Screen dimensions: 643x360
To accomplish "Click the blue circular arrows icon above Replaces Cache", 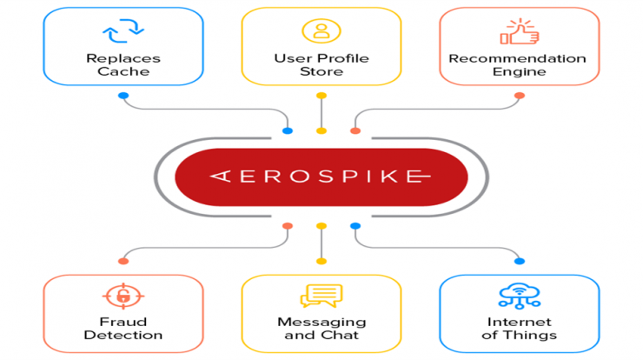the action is click(x=123, y=30).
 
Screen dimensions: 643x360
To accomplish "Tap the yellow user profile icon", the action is click(x=321, y=30).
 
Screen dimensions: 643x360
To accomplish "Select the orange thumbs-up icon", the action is click(x=519, y=31).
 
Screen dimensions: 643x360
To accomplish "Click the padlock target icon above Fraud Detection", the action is click(x=123, y=296).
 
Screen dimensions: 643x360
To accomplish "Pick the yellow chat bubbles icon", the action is click(x=321, y=296).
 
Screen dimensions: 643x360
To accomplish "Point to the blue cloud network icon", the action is click(x=520, y=296).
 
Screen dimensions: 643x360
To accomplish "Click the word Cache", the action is click(x=123, y=71).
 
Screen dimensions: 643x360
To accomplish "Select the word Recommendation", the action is click(x=518, y=58).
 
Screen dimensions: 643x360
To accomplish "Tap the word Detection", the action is click(x=123, y=335).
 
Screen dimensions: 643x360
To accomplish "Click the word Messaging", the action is click(x=321, y=323).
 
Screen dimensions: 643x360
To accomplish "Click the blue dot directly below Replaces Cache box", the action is click(x=123, y=96).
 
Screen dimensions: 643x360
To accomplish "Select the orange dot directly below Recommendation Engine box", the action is click(x=520, y=96).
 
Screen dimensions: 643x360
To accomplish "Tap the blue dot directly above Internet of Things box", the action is click(x=520, y=261).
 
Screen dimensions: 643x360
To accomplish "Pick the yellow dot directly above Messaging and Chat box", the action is click(x=321, y=261).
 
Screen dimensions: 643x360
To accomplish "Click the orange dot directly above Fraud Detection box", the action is click(x=123, y=261).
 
